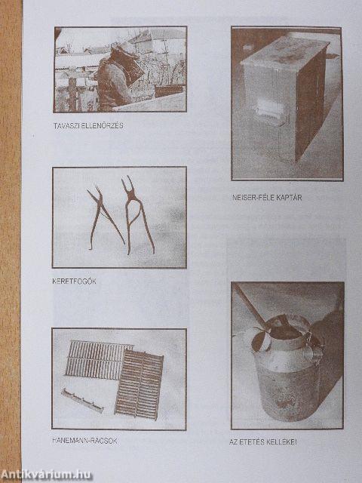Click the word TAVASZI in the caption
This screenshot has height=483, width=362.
pos(66,125)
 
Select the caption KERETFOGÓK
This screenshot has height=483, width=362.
pos(75,280)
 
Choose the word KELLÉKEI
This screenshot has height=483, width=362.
pos(283,441)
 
